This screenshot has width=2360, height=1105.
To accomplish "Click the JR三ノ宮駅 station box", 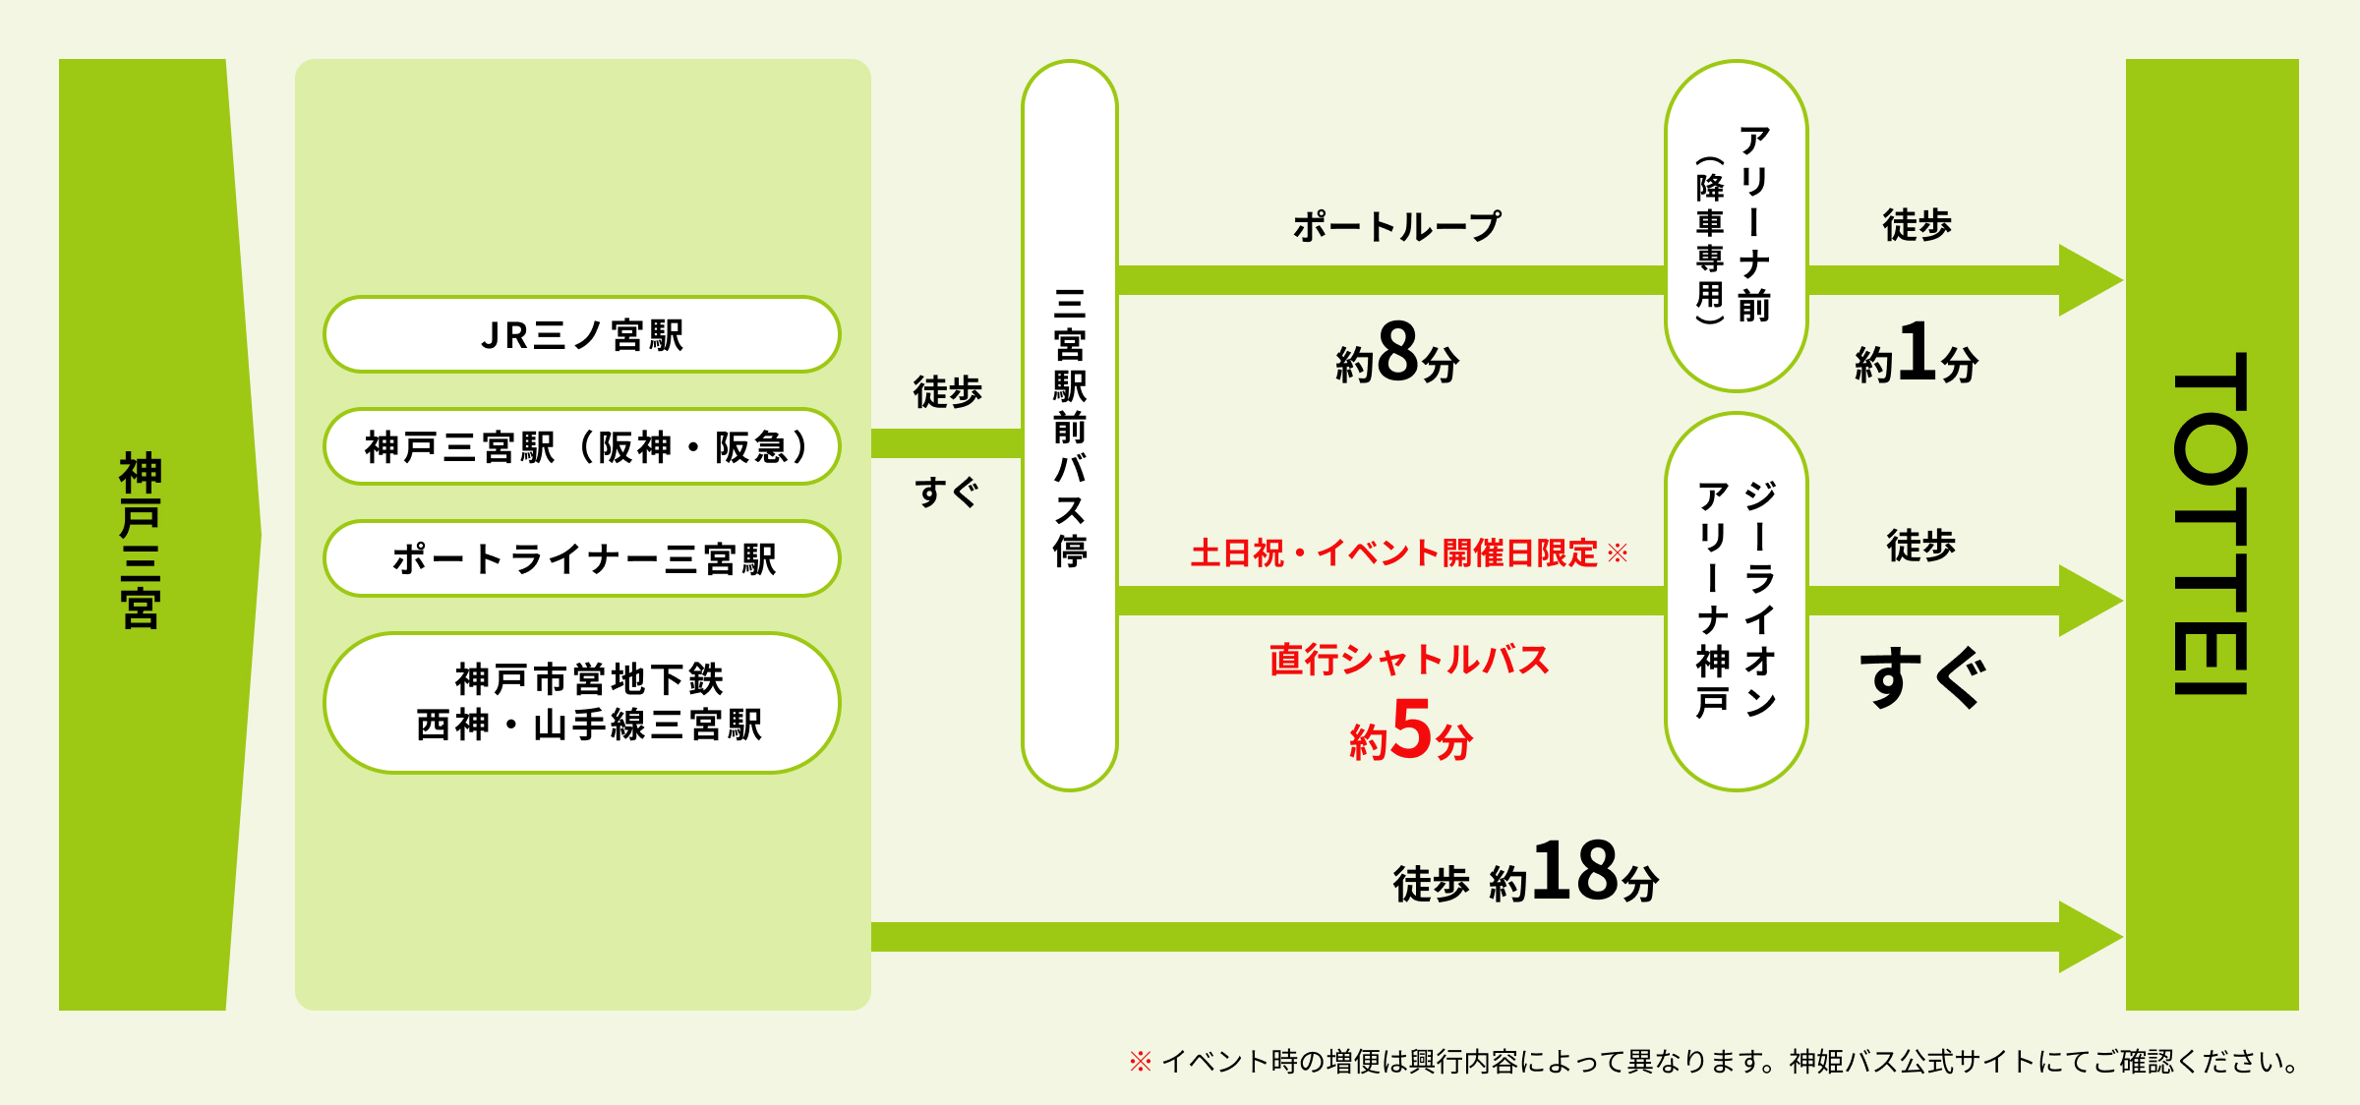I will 582,335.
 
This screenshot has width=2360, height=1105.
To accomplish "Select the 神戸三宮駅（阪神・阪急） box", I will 582,447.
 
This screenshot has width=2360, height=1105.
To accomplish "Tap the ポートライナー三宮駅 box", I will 582,559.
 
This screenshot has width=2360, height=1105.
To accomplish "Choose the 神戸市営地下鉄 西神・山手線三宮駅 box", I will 582,702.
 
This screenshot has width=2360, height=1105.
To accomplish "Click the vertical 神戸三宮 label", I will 141,540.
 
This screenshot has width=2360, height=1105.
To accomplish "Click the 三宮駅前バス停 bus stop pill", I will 1070,427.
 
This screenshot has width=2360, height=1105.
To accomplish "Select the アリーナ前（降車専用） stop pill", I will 1736,226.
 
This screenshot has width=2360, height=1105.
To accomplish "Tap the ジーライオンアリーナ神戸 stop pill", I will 1736,601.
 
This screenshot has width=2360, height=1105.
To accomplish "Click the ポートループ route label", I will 1396,227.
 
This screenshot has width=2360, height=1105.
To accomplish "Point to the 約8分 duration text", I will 1396,354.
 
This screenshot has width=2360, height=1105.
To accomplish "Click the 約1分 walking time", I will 1916,354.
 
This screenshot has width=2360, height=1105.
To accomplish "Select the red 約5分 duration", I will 1410,731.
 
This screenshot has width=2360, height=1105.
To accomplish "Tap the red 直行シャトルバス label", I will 1409,659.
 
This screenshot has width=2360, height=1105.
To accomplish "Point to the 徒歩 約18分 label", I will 1525,873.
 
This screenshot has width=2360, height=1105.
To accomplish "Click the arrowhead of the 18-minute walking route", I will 2090,937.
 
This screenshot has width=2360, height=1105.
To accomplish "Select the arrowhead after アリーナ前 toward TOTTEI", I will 2090,280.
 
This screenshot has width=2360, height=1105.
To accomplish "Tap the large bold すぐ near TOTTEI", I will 1921,677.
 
